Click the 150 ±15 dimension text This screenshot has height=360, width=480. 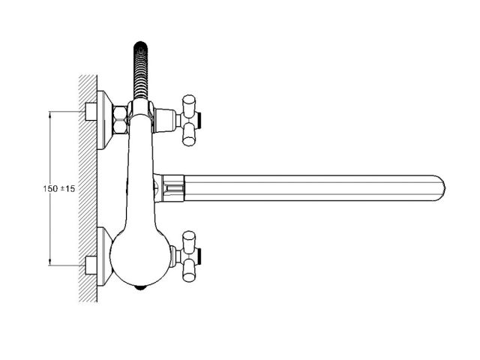point(59,188)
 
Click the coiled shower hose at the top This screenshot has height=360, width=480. point(141,70)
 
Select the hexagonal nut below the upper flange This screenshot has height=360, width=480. point(120,119)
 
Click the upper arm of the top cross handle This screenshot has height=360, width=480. point(189,103)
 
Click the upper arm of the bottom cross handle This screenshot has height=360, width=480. point(189,240)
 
